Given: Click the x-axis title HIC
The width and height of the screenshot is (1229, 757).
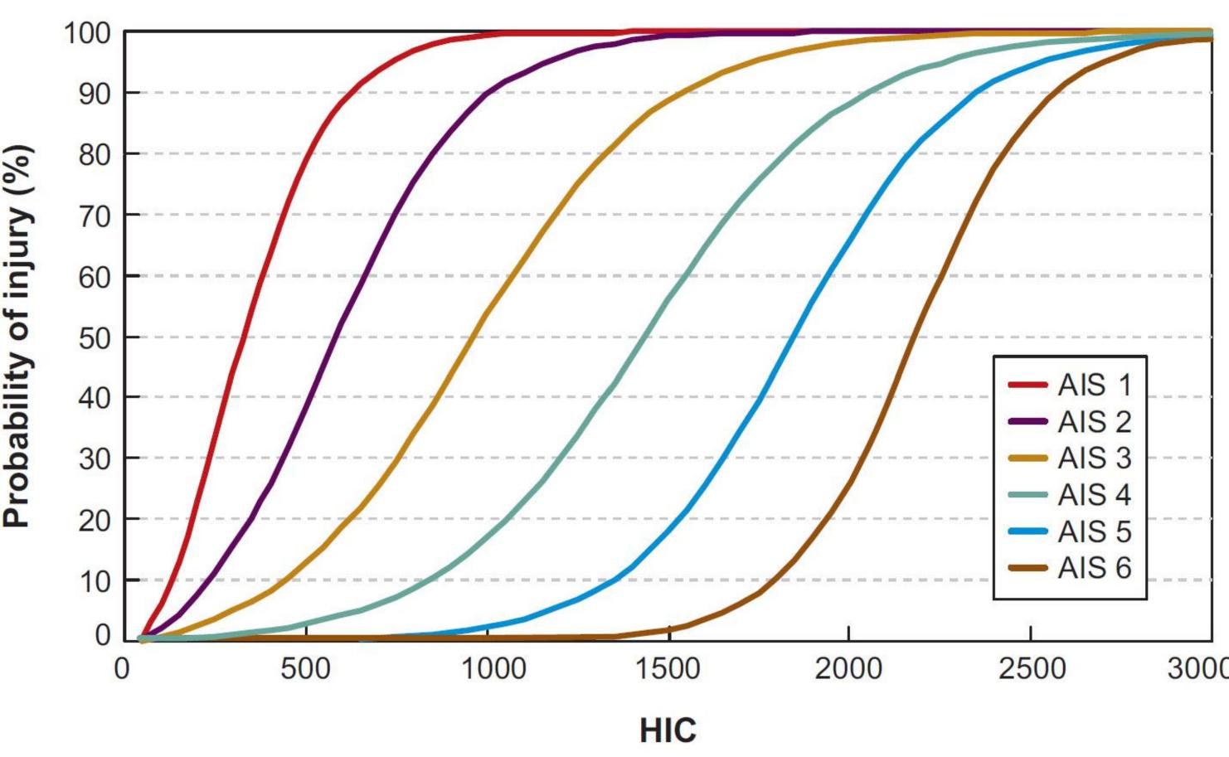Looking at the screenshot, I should [x=668, y=730].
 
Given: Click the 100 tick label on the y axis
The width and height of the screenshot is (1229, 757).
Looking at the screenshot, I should [x=87, y=33].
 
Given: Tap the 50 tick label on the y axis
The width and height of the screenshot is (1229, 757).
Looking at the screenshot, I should [x=95, y=337].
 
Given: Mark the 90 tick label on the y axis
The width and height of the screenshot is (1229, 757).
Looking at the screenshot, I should [x=95, y=94].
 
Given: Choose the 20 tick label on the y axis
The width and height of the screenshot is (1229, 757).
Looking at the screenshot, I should [x=95, y=520].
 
